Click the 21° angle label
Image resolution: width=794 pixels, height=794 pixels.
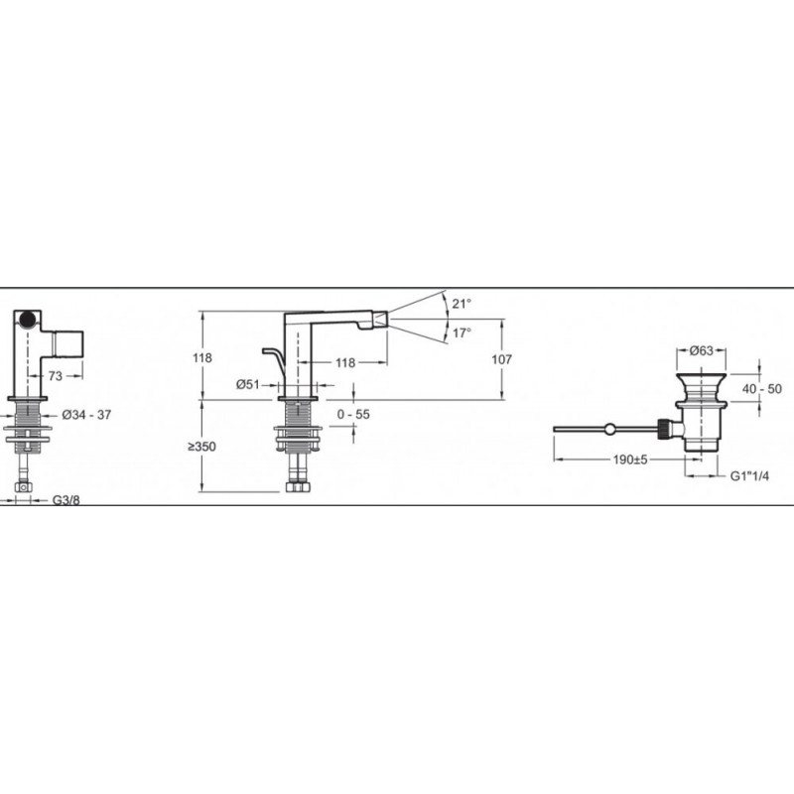point(462,304)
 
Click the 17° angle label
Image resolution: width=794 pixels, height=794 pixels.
point(462,333)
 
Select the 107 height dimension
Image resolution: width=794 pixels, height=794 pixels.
point(502,359)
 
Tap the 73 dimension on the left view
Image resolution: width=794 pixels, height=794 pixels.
point(56,376)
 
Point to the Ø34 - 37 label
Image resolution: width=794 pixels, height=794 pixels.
point(86,415)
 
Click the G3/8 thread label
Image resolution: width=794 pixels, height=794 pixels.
point(66,500)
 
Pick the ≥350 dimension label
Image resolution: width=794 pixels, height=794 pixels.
point(202,447)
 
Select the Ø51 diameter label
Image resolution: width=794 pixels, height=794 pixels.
point(247,385)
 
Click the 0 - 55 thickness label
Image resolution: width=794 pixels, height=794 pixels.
point(353,414)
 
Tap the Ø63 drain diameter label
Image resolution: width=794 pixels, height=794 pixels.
point(702,350)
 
